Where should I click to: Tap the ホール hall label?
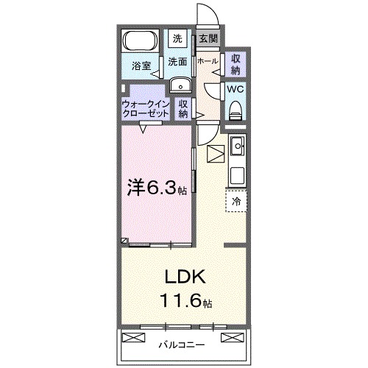coord(207,62)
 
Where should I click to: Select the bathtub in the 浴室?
coord(140,40)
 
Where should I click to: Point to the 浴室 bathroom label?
coord(141,66)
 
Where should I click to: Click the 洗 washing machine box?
coord(177,38)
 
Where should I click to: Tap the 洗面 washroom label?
coord(177,62)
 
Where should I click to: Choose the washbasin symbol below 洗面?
coord(179,85)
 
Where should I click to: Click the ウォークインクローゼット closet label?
coord(146,109)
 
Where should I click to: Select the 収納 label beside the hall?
coord(235,64)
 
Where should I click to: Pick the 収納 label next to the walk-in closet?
coord(183,109)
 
